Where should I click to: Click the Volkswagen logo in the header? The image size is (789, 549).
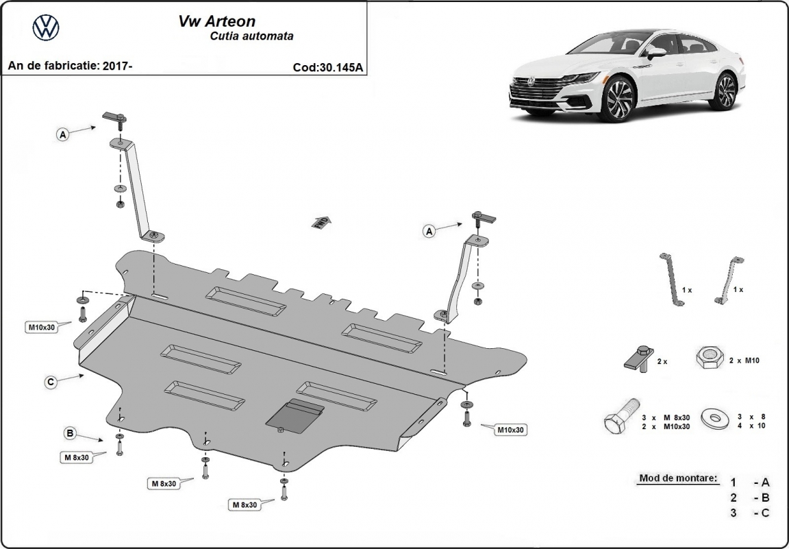pyautogui.click(x=46, y=27)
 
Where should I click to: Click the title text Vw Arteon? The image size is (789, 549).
pyautogui.click(x=209, y=21)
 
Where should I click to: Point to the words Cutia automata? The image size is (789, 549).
pyautogui.click(x=251, y=36)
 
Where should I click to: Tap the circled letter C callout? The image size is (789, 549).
pyautogui.click(x=51, y=382)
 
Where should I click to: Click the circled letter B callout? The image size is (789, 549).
pyautogui.click(x=69, y=432)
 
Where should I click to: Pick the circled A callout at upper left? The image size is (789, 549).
pyautogui.click(x=62, y=135)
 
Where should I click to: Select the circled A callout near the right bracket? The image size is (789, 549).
pyautogui.click(x=429, y=232)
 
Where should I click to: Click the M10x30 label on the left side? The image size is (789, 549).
pyautogui.click(x=41, y=327)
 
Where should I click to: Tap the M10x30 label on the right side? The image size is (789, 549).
pyautogui.click(x=510, y=430)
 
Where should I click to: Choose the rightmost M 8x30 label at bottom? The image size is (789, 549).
pyautogui.click(x=245, y=505)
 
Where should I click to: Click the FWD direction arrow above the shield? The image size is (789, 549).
pyautogui.click(x=321, y=221)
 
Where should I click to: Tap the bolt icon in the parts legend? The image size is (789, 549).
pyautogui.click(x=621, y=417)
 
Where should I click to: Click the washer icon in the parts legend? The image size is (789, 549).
pyautogui.click(x=718, y=415)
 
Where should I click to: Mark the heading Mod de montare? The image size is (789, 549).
pyautogui.click(x=678, y=478)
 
